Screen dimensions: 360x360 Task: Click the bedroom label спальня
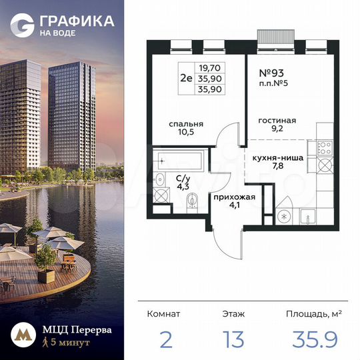pyautogui.click(x=186, y=124)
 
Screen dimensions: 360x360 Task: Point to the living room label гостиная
pyautogui.click(x=277, y=121)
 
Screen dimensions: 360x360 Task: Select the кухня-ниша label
pyautogui.click(x=278, y=158)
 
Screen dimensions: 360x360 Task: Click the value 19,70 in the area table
pyautogui.click(x=210, y=67)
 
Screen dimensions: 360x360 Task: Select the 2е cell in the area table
pyautogui.click(x=188, y=77)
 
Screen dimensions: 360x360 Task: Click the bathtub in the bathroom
pyautogui.click(x=179, y=160)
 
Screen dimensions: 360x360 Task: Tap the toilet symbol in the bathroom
pyautogui.click(x=192, y=201)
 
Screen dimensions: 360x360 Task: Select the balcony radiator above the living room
pyautogui.click(x=276, y=35)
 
